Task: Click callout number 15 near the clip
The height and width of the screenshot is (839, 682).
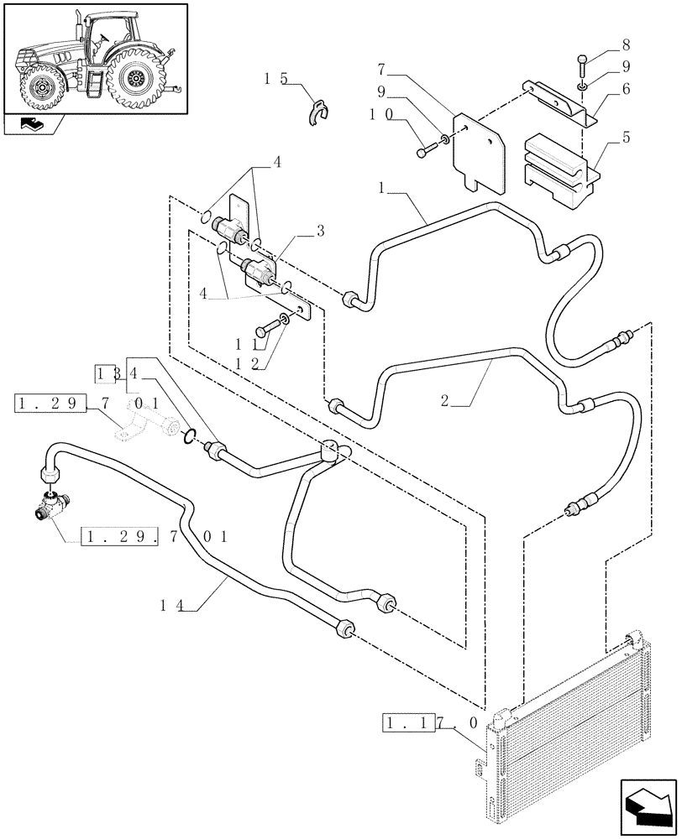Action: point(275,79)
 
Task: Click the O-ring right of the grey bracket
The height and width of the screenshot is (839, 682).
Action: point(191,435)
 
